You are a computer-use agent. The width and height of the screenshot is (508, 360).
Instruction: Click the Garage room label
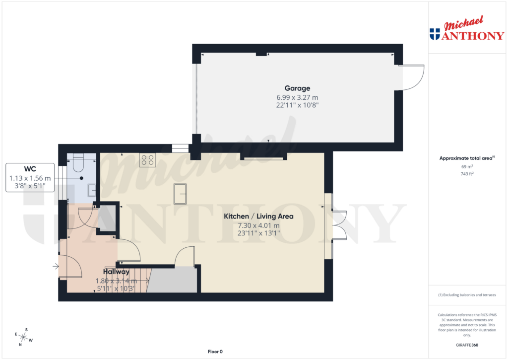pos(297,88)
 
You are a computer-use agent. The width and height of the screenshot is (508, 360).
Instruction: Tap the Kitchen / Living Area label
pos(258,216)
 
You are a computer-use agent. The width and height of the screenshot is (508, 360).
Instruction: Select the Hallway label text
pos(116,272)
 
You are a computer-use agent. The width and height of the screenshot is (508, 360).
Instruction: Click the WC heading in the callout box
pos(30,168)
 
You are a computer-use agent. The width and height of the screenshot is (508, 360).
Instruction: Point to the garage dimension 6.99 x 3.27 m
pos(297,97)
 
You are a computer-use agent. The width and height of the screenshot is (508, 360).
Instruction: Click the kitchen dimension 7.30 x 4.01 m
pos(258,225)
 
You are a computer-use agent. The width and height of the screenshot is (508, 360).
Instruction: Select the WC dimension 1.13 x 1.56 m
pos(30,178)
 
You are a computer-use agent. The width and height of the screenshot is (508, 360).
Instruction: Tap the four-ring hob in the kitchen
pos(147,160)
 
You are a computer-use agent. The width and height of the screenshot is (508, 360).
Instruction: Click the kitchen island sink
pos(180,193)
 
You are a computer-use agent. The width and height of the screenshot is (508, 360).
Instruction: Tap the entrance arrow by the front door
pos(55,267)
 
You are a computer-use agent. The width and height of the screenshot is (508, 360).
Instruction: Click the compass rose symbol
pos(23,337)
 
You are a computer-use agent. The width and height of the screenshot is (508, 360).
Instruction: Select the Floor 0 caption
pos(215,352)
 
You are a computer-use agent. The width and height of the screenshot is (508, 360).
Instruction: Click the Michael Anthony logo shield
pos(435,34)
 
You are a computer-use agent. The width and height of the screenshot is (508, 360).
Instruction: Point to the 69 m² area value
pos(467,166)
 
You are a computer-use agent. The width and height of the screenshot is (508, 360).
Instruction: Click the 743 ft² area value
pos(467,173)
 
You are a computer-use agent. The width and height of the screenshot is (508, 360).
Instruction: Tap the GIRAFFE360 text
pos(467,345)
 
